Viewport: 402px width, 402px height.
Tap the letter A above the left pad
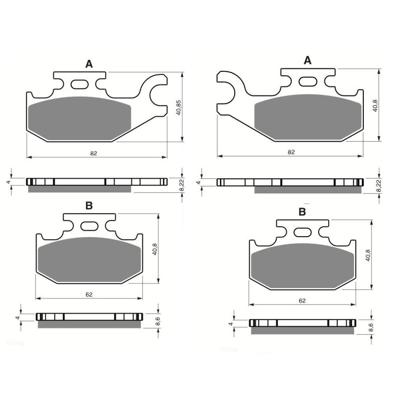(89, 64)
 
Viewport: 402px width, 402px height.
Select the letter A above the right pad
(308, 60)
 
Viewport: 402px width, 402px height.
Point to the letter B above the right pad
(302, 212)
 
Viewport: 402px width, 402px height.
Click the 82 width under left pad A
(93, 153)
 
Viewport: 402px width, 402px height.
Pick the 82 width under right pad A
(291, 152)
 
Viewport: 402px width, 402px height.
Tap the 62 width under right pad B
(302, 300)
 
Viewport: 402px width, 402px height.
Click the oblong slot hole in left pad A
(80, 84)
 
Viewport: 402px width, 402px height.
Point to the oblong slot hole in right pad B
(302, 232)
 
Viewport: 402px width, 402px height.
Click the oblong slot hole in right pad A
(308, 80)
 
